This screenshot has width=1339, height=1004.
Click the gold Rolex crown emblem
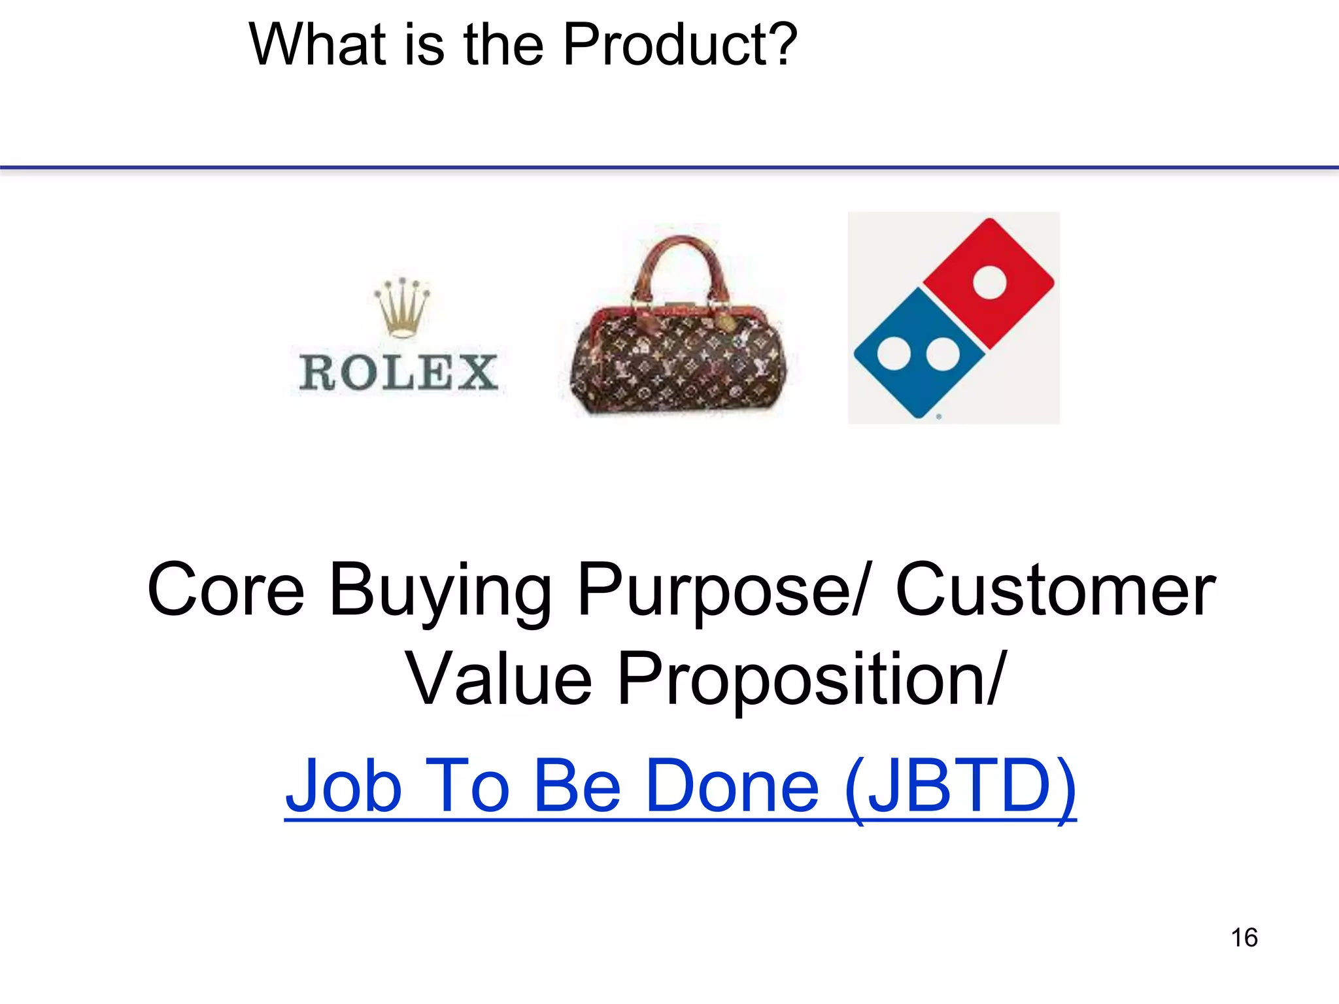401,307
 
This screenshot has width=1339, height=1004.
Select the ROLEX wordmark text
399,373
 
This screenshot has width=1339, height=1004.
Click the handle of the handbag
680,261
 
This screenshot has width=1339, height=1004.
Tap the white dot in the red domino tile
989,282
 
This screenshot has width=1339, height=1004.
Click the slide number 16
1244,937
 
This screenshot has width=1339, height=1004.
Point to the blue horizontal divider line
669,168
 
